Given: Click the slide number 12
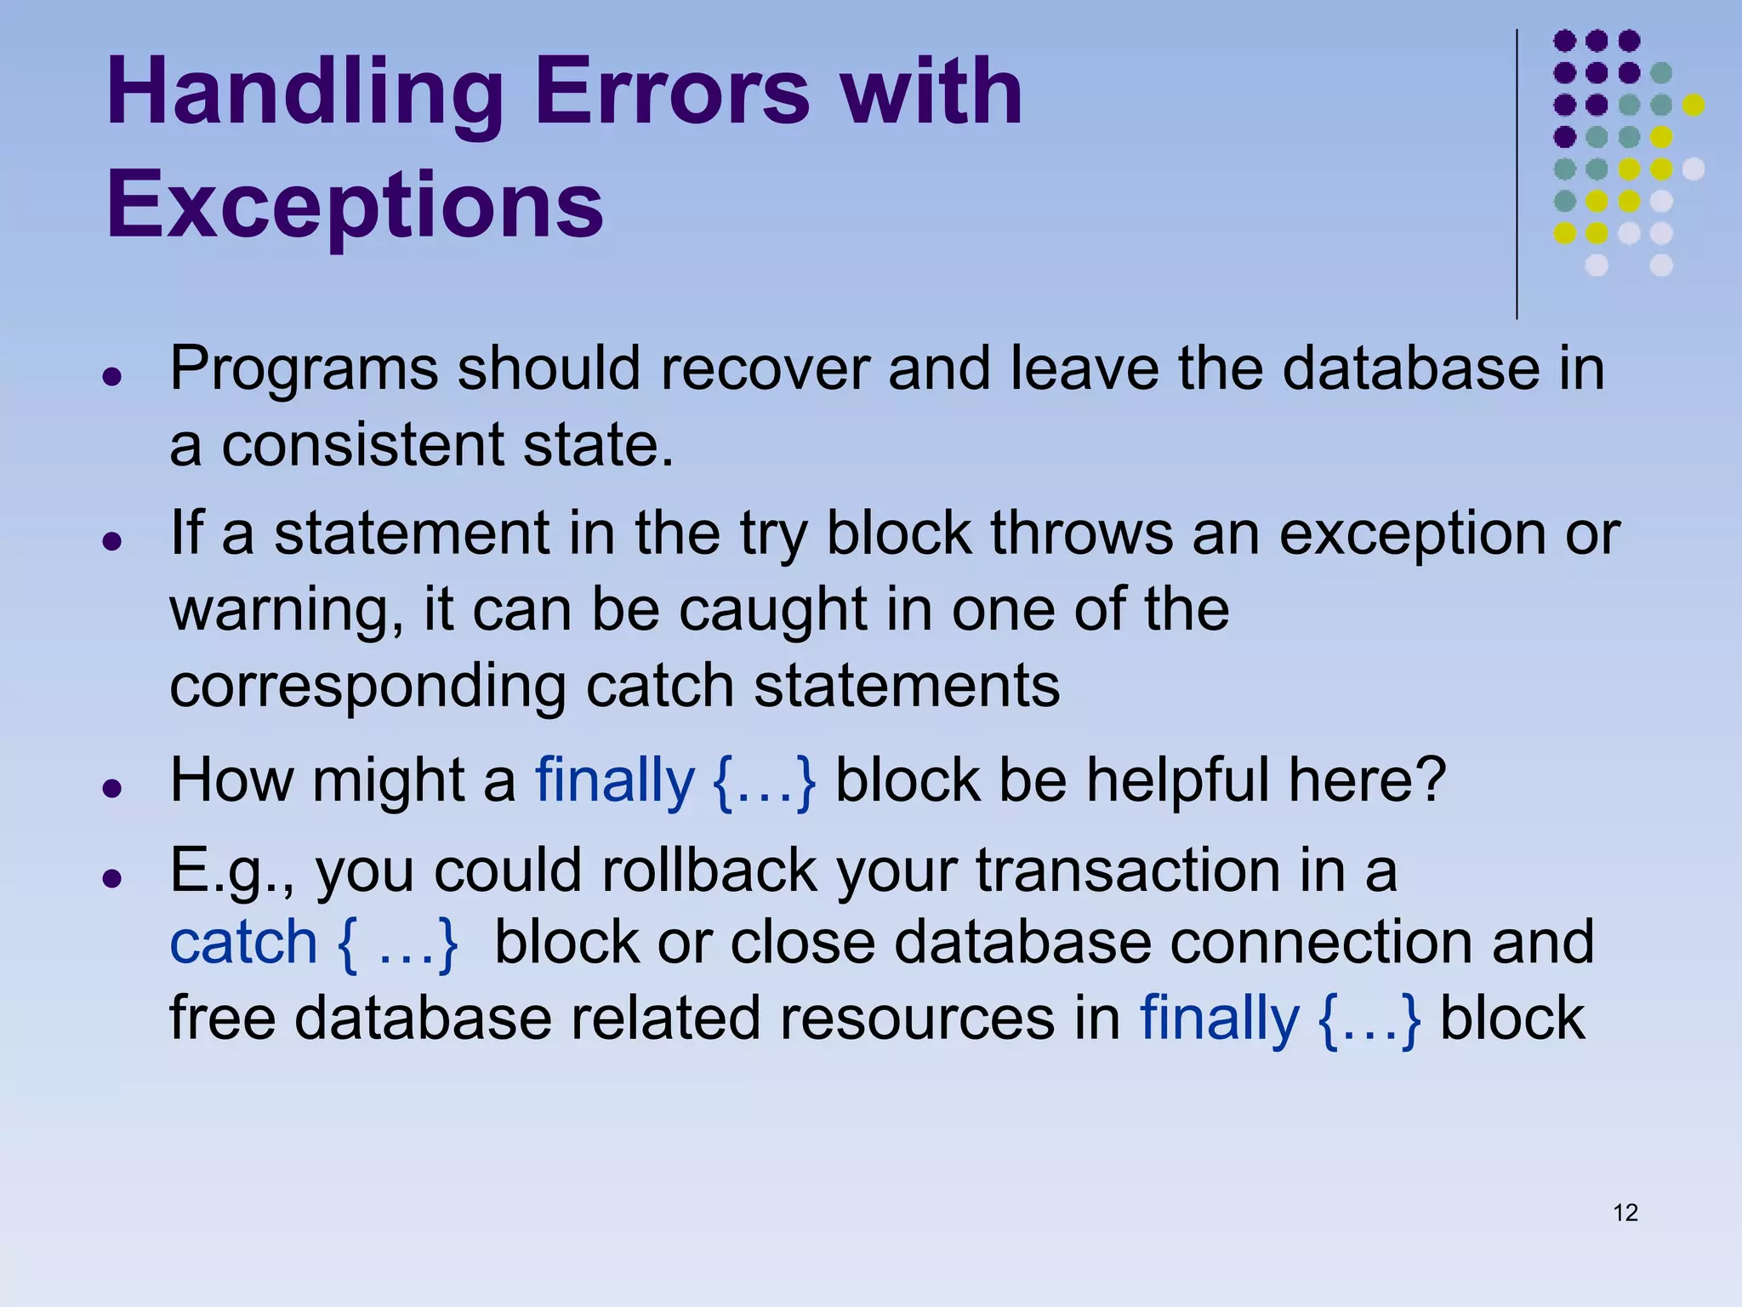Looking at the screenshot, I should pyautogui.click(x=1625, y=1213).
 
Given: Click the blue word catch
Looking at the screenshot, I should pyautogui.click(x=243, y=943).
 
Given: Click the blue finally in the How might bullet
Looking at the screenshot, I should pyautogui.click(x=614, y=781).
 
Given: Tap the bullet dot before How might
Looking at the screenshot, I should pyautogui.click(x=111, y=788).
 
